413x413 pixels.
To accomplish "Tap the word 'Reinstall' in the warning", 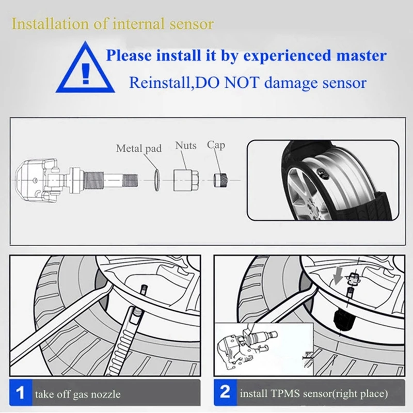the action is [160, 83].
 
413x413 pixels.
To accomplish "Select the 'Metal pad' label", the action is [139, 148].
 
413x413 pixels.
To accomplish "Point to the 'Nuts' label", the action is [186, 146].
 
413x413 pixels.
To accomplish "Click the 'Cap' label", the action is [216, 145].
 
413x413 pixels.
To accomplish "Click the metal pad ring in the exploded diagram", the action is [156, 180].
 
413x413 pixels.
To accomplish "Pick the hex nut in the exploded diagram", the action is [186, 180].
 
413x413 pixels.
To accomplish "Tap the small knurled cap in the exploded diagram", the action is [220, 180].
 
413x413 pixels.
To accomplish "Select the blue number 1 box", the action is [21, 392].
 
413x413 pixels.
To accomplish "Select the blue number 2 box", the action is [225, 392].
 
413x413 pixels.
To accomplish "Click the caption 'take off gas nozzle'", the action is [78, 394].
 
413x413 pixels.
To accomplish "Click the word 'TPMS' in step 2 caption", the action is [285, 393].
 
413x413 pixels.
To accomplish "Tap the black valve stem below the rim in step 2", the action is [343, 320].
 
